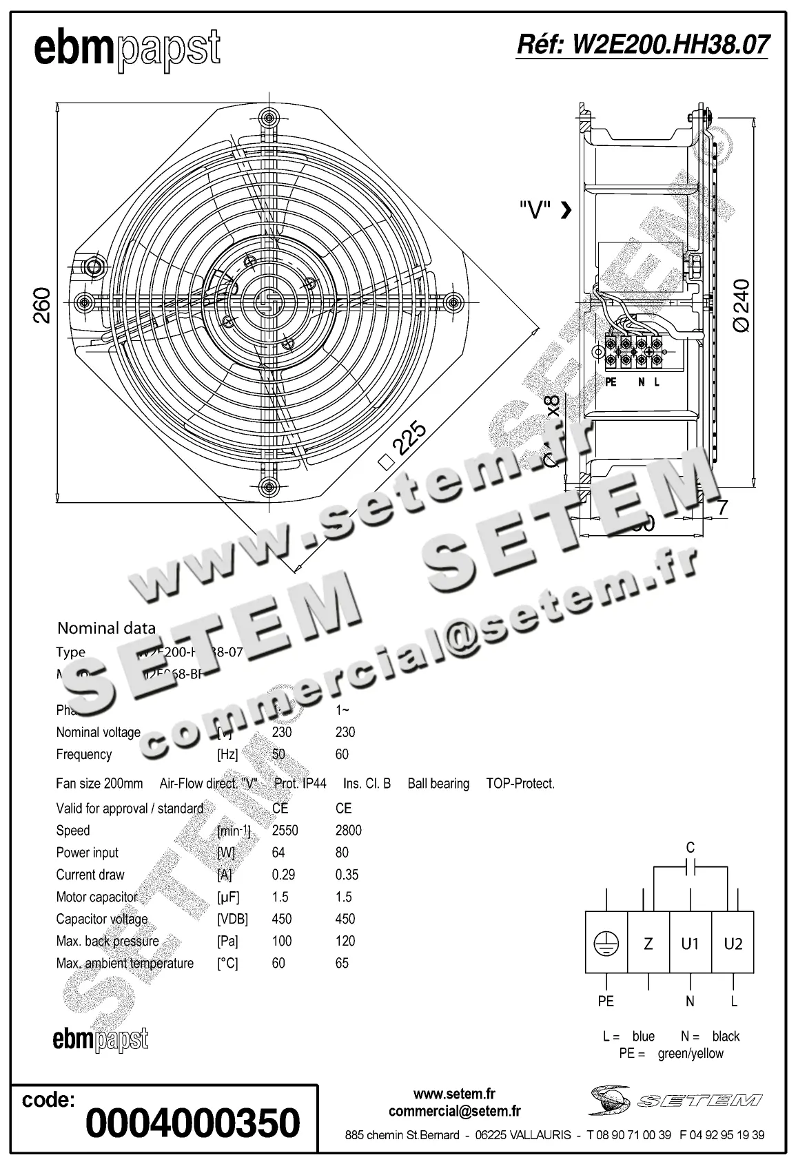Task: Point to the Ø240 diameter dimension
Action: click(x=743, y=306)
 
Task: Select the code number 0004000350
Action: click(x=192, y=1123)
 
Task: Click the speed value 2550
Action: click(x=285, y=830)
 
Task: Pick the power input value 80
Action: click(x=342, y=852)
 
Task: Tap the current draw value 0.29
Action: click(x=283, y=875)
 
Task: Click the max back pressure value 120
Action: click(x=345, y=941)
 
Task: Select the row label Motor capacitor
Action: click(x=96, y=897)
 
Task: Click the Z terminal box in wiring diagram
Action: click(x=648, y=943)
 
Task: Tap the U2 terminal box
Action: click(x=733, y=943)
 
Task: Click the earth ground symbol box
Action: click(x=606, y=943)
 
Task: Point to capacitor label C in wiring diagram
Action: click(x=690, y=847)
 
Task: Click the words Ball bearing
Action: click(x=438, y=783)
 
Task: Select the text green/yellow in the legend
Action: click(x=690, y=1053)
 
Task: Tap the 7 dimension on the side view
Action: click(x=722, y=508)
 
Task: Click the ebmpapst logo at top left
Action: click(x=127, y=50)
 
